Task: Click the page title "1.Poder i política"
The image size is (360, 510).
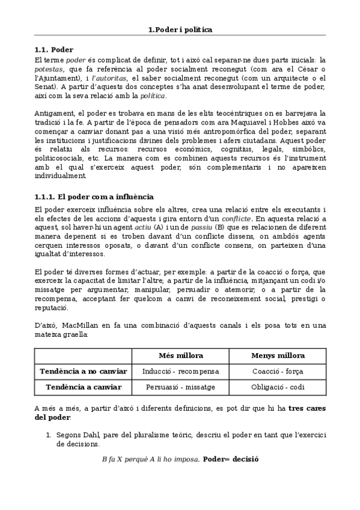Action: tap(180, 29)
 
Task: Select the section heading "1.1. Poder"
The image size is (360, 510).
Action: tap(54, 49)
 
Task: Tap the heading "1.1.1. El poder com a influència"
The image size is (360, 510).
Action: tap(93, 197)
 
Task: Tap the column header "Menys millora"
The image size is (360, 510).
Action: tap(278, 355)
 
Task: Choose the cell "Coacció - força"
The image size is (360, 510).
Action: tap(278, 372)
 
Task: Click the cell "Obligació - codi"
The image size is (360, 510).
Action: tap(278, 387)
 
